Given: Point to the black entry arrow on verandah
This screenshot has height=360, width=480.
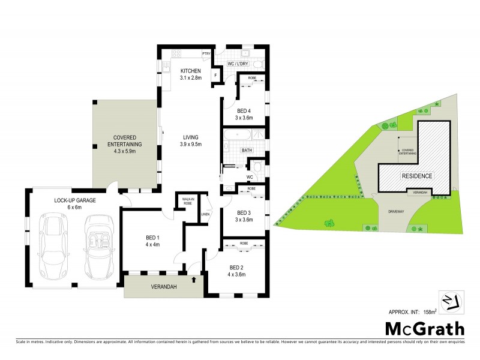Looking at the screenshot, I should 194,279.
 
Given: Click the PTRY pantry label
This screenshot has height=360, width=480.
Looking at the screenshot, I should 206,53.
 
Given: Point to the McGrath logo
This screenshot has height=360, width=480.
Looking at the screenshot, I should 424,329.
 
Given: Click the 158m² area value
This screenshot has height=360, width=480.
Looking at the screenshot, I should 429,311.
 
